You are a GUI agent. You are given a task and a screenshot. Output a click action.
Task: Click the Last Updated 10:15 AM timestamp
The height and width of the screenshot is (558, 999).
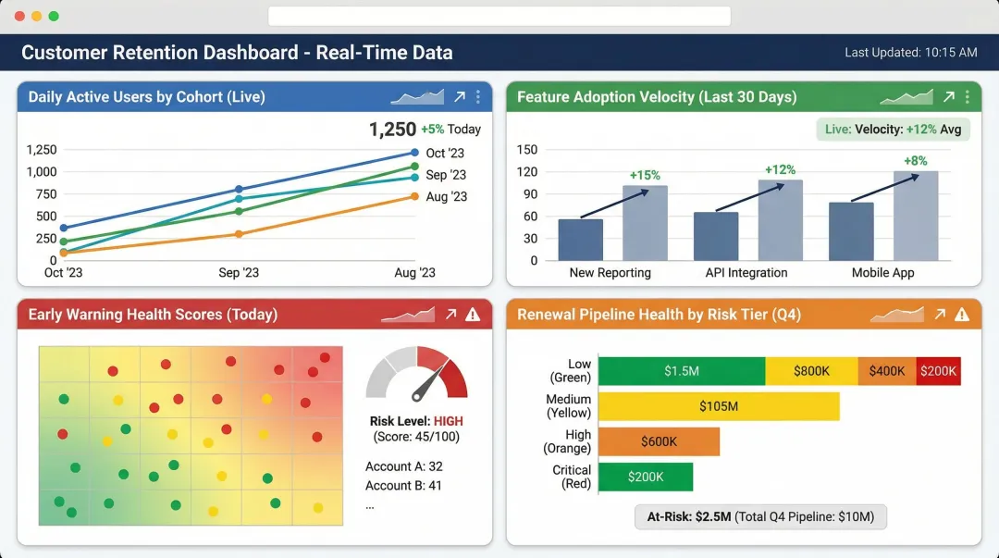pyautogui.click(x=910, y=53)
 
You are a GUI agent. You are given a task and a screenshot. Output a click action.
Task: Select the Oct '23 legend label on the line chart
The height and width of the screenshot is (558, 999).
pyautogui.click(x=445, y=154)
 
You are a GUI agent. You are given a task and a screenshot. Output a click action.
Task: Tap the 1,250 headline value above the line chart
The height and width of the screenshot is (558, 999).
pyautogui.click(x=392, y=130)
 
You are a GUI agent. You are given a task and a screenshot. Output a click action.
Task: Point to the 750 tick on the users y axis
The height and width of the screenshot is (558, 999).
pyautogui.click(x=42, y=193)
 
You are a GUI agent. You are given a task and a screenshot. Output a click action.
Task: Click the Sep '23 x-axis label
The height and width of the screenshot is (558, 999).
pyautogui.click(x=239, y=273)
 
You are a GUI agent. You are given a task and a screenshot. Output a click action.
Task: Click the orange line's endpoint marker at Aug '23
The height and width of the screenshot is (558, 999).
pyautogui.click(x=414, y=196)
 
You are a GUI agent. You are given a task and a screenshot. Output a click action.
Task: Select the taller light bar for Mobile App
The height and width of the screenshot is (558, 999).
pyautogui.click(x=916, y=216)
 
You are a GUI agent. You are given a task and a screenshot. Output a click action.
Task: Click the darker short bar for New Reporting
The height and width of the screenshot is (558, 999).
pyautogui.click(x=581, y=240)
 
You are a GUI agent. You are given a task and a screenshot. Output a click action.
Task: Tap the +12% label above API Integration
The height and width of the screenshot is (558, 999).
pyautogui.click(x=780, y=169)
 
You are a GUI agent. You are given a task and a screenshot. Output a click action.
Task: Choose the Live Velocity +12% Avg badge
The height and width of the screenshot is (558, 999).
pyautogui.click(x=893, y=130)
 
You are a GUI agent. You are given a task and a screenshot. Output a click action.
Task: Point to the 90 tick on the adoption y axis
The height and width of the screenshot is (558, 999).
pyautogui.click(x=527, y=193)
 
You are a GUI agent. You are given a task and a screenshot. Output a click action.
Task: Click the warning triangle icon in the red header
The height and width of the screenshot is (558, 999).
pyautogui.click(x=473, y=315)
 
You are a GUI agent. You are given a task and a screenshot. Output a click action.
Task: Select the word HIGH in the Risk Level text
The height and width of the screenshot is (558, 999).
pyautogui.click(x=448, y=421)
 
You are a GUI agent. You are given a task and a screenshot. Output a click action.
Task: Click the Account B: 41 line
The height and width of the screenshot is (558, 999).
pyautogui.click(x=403, y=485)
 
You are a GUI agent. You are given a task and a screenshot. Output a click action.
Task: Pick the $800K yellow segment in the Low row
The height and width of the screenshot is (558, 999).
pyautogui.click(x=811, y=371)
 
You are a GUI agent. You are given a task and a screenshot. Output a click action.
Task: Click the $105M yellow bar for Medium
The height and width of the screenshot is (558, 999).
pyautogui.click(x=719, y=406)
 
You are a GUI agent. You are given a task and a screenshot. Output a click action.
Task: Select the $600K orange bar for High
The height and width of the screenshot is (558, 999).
pyautogui.click(x=659, y=441)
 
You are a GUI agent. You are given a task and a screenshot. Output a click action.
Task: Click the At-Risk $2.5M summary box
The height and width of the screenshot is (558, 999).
pyautogui.click(x=760, y=516)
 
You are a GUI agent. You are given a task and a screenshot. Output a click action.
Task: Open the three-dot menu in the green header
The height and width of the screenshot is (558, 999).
pyautogui.click(x=967, y=97)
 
